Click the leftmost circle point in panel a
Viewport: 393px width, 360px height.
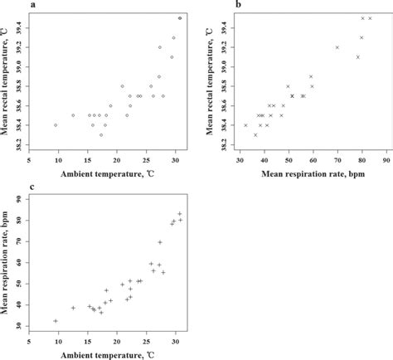[x=56, y=125]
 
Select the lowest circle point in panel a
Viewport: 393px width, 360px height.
[x=101, y=134]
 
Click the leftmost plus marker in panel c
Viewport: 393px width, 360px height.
[x=56, y=321]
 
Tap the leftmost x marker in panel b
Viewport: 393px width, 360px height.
[x=246, y=125]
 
